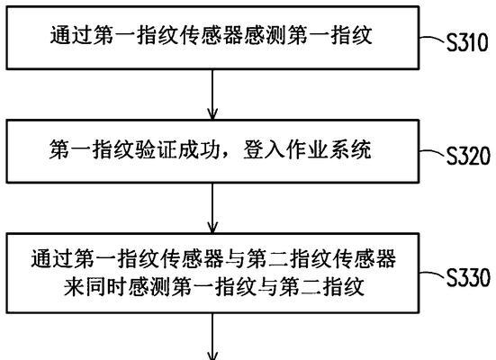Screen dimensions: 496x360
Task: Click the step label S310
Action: (x=467, y=42)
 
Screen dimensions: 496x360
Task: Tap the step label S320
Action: (x=468, y=156)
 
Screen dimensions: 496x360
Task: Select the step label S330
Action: (x=468, y=277)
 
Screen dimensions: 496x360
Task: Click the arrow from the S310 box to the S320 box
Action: (x=212, y=94)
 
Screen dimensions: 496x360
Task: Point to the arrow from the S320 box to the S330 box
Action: (x=212, y=209)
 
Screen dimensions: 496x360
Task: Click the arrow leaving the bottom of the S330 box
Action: (x=212, y=337)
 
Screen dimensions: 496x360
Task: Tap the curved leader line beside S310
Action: (x=432, y=40)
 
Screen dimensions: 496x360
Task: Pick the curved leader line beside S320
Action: (x=432, y=152)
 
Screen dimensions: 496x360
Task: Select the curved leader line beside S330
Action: (x=432, y=274)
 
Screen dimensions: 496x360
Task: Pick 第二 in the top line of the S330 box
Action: (x=267, y=259)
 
